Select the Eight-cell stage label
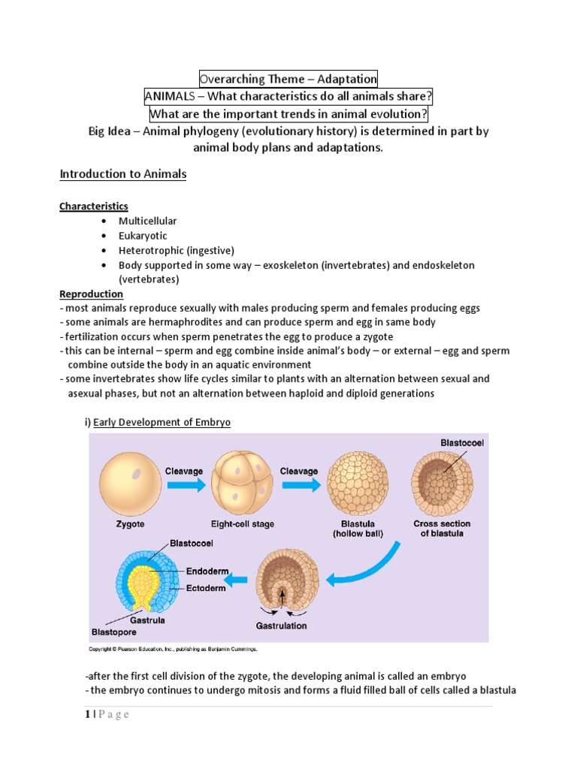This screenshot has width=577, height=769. [x=243, y=523]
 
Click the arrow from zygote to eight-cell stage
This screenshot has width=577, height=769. [x=185, y=484]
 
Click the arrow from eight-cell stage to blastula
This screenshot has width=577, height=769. [x=299, y=484]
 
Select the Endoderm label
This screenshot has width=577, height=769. [x=207, y=571]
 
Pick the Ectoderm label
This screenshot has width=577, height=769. [x=206, y=588]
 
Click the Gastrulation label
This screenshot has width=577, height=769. [x=282, y=625]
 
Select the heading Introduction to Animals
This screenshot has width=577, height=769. [x=123, y=174]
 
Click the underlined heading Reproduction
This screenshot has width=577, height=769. [x=92, y=294]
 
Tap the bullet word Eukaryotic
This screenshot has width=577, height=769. [x=143, y=236]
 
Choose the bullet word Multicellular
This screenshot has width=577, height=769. [x=147, y=221]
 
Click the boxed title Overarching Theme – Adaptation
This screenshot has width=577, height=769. [x=288, y=78]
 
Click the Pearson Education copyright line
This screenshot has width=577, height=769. [x=174, y=649]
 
